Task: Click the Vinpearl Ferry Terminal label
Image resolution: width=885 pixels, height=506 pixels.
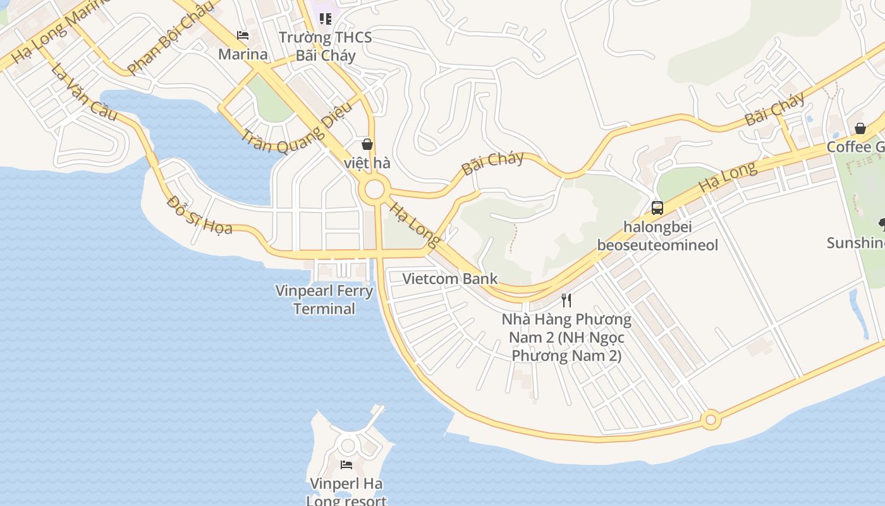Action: pyautogui.click(x=324, y=300)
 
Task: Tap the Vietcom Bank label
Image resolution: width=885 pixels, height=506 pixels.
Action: pyautogui.click(x=450, y=278)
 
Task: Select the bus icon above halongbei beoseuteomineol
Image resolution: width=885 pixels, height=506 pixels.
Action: pyautogui.click(x=657, y=207)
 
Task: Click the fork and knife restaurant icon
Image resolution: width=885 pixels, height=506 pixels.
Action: pyautogui.click(x=566, y=300)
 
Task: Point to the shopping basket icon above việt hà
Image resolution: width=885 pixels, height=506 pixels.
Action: pyautogui.click(x=367, y=144)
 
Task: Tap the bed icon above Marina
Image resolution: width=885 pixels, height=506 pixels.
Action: pyautogui.click(x=243, y=35)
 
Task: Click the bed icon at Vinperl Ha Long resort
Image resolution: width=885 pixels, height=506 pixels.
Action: pyautogui.click(x=346, y=465)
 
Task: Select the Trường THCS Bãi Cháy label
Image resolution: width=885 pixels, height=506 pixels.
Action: pyautogui.click(x=326, y=46)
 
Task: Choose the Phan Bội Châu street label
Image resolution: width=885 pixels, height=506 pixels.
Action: pyautogui.click(x=169, y=39)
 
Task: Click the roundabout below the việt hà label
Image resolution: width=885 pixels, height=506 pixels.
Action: pyautogui.click(x=374, y=188)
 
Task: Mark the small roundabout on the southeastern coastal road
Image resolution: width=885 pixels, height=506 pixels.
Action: pyautogui.click(x=711, y=419)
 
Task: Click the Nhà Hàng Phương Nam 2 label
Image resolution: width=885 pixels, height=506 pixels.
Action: pyautogui.click(x=566, y=337)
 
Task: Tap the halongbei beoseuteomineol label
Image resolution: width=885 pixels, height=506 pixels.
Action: pyautogui.click(x=657, y=235)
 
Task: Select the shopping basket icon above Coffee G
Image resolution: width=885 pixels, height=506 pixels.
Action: pyautogui.click(x=860, y=128)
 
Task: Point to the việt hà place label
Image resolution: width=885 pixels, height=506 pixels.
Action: pyautogui.click(x=367, y=163)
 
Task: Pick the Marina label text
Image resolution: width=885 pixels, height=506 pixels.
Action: pyautogui.click(x=243, y=54)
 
